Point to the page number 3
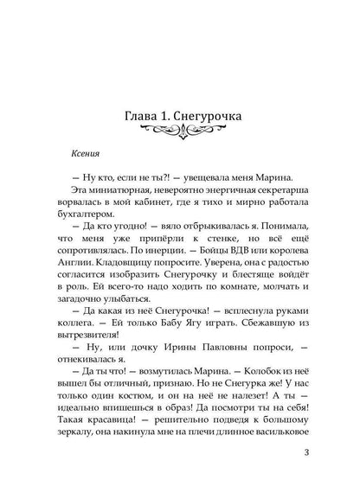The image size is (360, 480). pos(321,451)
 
